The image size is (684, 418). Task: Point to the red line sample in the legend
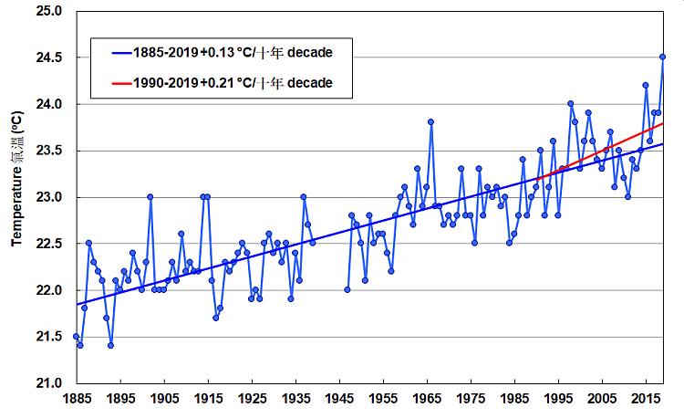[113, 84]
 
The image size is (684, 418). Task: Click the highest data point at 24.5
[663, 57]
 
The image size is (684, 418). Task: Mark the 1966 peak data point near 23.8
[430, 121]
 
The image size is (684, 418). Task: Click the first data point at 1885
[76, 336]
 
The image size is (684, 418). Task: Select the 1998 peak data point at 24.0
[571, 104]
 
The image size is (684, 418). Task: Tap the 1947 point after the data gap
[347, 289]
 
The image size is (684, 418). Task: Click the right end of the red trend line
[663, 123]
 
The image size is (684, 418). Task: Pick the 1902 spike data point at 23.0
[150, 196]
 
